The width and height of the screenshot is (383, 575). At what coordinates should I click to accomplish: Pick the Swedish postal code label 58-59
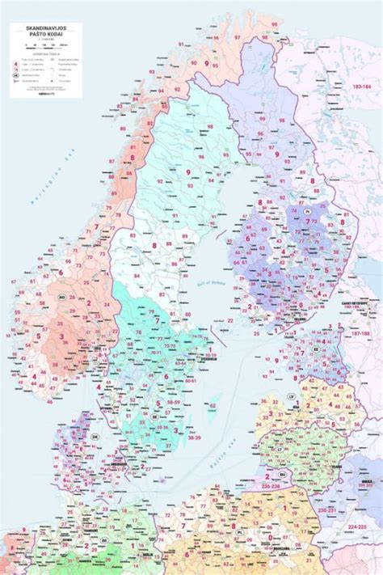[x=172, y=401]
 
